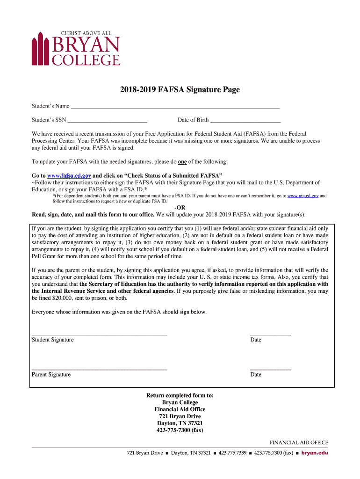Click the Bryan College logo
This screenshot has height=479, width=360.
pos(76,48)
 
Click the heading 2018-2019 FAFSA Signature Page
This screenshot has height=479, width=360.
pos(180,90)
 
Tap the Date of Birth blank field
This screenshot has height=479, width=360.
pos(242,120)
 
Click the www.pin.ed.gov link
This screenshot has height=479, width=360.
pos(303,196)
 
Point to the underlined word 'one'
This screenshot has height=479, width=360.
pos(182,162)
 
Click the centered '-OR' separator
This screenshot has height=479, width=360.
pos(180,208)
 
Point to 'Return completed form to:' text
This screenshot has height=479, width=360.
pos(180,396)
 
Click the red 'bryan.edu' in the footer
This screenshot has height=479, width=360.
pos(315,453)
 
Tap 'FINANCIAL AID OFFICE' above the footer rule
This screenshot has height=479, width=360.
pos(299,443)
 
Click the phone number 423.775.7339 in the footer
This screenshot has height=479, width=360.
pos(232,453)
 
